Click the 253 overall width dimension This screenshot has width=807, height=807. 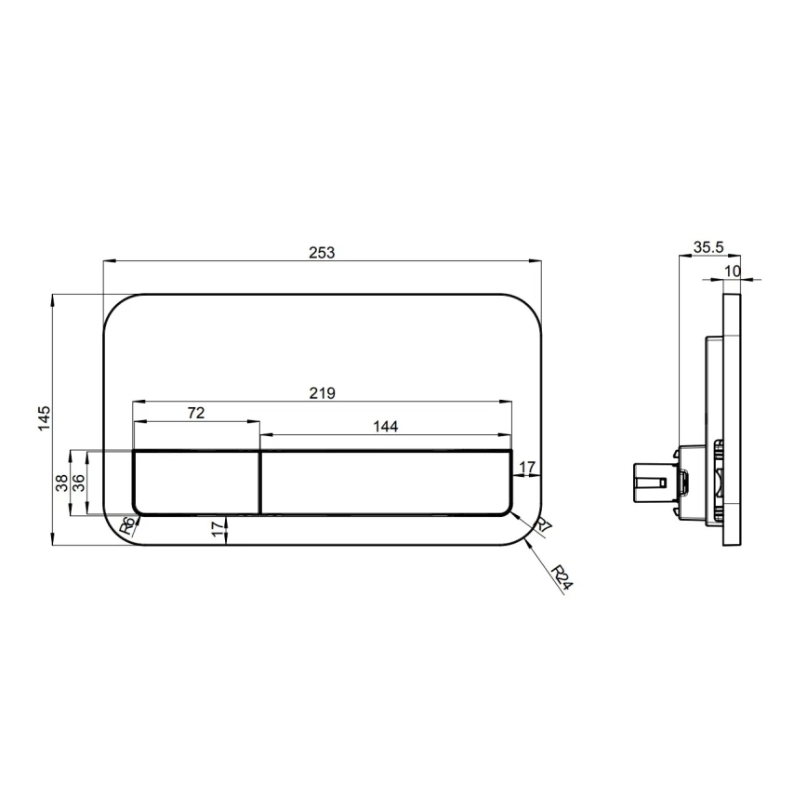(321, 252)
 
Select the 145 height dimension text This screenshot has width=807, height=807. (44, 419)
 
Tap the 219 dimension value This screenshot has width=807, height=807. (323, 392)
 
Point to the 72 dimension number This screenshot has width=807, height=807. (196, 413)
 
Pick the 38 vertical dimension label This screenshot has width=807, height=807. (61, 482)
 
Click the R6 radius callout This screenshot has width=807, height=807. (129, 526)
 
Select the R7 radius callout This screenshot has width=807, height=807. (543, 527)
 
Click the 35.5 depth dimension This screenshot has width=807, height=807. (708, 248)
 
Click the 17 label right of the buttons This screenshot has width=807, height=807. (527, 467)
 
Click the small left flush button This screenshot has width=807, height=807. (196, 482)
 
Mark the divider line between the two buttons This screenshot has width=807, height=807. (259, 482)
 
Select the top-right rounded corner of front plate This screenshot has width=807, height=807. (527, 309)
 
